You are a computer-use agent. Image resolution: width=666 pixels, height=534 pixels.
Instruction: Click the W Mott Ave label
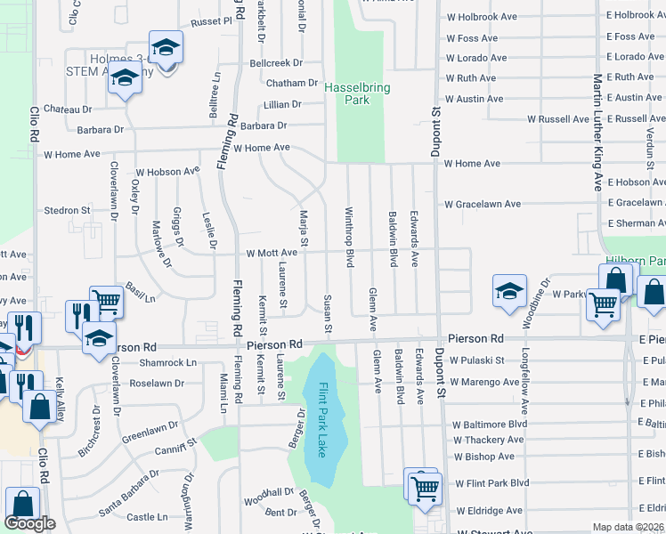272,254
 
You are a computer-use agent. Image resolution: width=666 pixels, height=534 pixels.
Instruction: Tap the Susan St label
328,315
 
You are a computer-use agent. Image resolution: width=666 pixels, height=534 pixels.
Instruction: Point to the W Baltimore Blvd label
490,425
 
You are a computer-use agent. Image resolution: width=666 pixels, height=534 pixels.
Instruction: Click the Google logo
29,523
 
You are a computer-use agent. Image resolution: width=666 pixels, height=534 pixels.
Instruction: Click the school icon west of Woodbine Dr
510,292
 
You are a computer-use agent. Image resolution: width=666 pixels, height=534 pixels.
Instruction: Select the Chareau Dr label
68,109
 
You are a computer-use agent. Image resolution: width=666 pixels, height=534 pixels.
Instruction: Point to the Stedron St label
68,211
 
